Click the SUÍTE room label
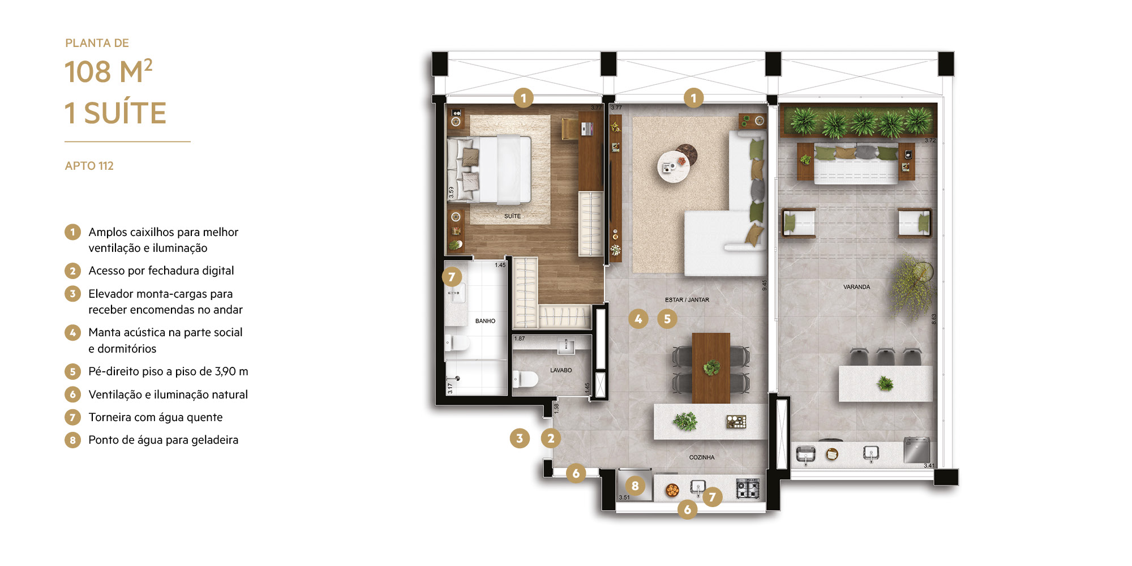click(x=512, y=216)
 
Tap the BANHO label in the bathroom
click(x=485, y=321)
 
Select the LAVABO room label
click(x=561, y=370)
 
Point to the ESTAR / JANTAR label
click(x=687, y=300)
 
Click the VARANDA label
click(x=856, y=287)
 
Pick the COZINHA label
click(x=702, y=457)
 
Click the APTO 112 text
click(x=89, y=166)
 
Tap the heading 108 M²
click(x=109, y=72)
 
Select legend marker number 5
click(x=72, y=372)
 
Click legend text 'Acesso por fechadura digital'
click(x=161, y=271)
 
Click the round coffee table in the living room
click(x=674, y=166)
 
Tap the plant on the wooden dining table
click(x=711, y=368)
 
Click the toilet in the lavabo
click(x=525, y=379)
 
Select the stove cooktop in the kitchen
click(x=747, y=488)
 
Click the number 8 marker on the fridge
click(x=635, y=486)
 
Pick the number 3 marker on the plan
click(x=520, y=438)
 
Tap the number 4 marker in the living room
click(x=638, y=319)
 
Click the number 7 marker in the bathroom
click(x=452, y=277)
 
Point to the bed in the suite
click(x=490, y=169)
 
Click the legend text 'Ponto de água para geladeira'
click(x=164, y=440)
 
